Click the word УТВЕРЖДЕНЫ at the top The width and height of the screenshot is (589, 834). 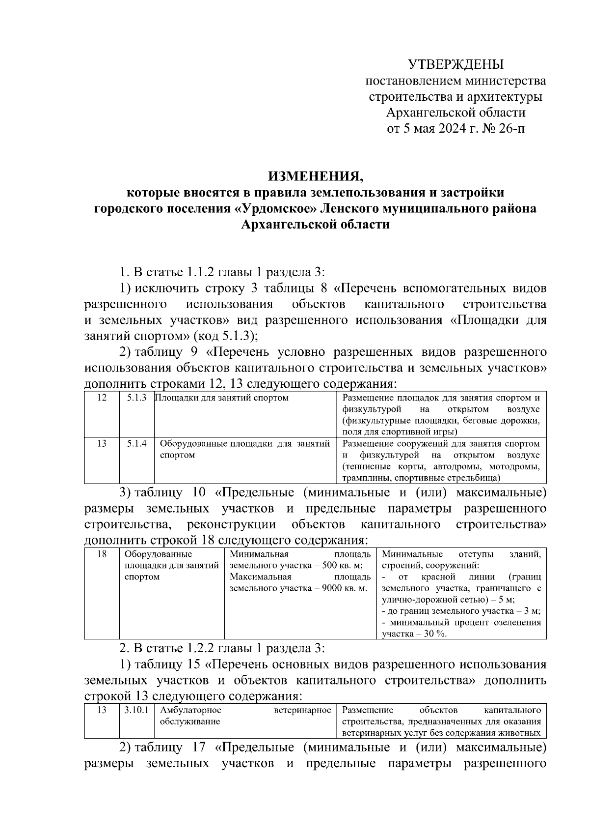click(456, 64)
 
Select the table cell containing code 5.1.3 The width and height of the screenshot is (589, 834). click(136, 398)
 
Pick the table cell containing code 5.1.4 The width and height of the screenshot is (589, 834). click(136, 444)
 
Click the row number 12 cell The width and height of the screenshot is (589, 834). click(102, 398)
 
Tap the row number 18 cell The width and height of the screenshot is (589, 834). click(102, 554)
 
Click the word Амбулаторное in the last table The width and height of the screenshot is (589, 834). click(190, 710)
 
